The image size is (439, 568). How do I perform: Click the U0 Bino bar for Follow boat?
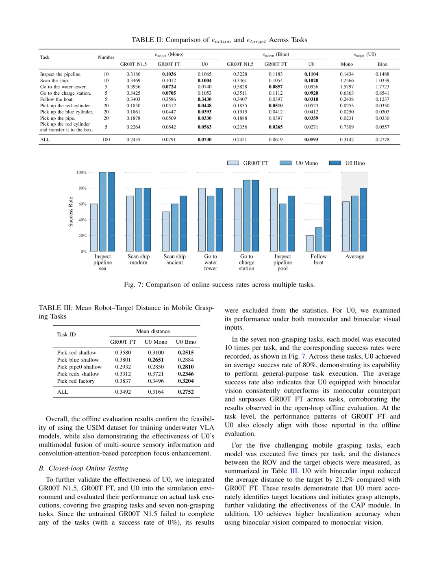(x=327, y=223)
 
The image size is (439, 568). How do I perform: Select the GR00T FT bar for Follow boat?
(x=310, y=243)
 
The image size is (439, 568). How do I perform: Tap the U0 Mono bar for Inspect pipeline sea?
(x=102, y=212)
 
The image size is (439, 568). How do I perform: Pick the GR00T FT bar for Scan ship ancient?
(x=166, y=231)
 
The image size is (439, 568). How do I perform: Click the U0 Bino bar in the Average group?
(x=363, y=219)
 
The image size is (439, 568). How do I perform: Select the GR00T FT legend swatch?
(x=233, y=163)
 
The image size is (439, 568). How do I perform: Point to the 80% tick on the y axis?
(x=82, y=188)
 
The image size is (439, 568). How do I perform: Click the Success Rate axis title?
(x=71, y=212)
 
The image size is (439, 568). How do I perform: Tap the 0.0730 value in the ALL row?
(x=204, y=139)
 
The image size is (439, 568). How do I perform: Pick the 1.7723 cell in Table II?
(x=382, y=87)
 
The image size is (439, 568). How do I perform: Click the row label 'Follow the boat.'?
(x=57, y=99)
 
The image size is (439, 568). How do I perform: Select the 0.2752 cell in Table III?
(x=186, y=392)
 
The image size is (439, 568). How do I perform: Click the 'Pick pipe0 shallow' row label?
(x=79, y=367)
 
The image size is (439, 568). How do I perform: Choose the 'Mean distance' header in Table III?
(x=153, y=331)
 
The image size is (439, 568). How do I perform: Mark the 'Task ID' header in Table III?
(x=66, y=334)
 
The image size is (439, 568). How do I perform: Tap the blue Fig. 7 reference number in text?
(x=303, y=356)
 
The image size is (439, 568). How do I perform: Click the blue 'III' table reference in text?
(x=293, y=471)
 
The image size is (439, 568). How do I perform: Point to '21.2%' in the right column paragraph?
(x=345, y=479)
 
